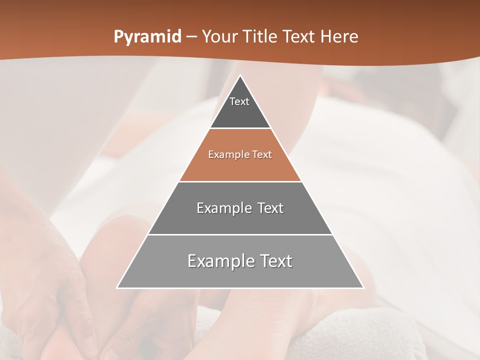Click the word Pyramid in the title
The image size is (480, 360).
click(147, 37)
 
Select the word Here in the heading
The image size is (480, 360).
click(339, 37)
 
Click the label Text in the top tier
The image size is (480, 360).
click(239, 101)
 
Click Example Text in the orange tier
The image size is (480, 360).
click(240, 154)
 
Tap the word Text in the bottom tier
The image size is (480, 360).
click(274, 261)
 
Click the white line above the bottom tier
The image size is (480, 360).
click(240, 234)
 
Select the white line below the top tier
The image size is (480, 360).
click(240, 128)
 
